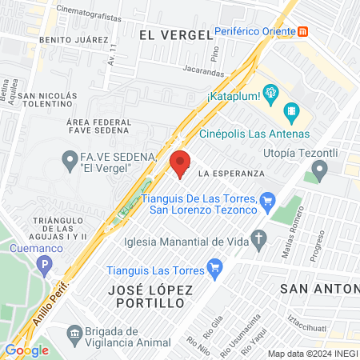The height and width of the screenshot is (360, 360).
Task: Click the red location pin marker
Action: coord(180,164)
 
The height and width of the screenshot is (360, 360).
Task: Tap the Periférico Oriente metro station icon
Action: coord(302,33)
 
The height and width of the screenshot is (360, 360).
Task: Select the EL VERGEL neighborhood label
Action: coord(175,34)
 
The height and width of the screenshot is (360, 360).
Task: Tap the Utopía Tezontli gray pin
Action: coord(320,170)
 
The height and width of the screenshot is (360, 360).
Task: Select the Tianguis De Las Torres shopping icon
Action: coord(268,201)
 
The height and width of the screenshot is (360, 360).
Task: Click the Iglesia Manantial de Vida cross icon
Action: coord(258,237)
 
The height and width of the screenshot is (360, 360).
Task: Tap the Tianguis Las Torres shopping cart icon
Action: coord(214,268)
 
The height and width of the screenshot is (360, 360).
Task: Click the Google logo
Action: coord(26,350)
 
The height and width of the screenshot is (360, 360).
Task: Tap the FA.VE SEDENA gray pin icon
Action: coord(69,157)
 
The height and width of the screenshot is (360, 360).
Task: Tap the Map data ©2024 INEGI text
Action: coord(312,354)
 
